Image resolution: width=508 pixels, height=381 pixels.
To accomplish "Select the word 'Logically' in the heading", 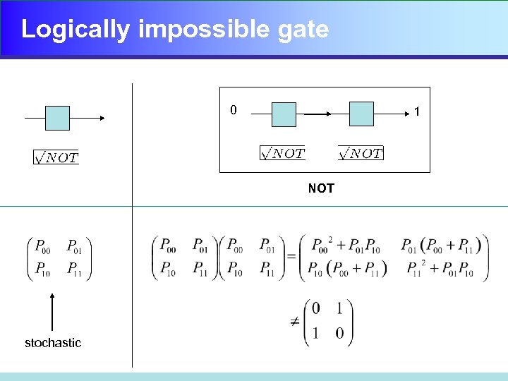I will pyautogui.click(x=75, y=30).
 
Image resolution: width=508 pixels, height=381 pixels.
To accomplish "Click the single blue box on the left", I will pyautogui.click(x=57, y=118).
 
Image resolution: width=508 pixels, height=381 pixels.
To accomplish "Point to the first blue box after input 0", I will pyautogui.click(x=284, y=114).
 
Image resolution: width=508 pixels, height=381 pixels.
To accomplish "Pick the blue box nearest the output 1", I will pyautogui.click(x=361, y=114).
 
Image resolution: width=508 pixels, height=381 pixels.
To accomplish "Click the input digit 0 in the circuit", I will pyautogui.click(x=234, y=109).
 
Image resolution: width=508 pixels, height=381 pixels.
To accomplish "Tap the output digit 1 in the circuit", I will pyautogui.click(x=418, y=111).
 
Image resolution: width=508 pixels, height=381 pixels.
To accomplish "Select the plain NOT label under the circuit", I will pyautogui.click(x=321, y=188).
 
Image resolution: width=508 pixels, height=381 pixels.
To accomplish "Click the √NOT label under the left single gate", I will pyautogui.click(x=56, y=157).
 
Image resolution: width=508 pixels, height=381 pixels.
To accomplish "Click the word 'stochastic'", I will pyautogui.click(x=53, y=343).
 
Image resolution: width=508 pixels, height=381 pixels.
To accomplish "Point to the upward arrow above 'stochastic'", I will pyautogui.click(x=53, y=311).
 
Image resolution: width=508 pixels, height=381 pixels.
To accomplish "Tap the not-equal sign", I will pyautogui.click(x=294, y=322).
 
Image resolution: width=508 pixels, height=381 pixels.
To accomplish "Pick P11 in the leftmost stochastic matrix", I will pyautogui.click(x=74, y=269).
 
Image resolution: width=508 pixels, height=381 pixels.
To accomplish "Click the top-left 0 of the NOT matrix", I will pyautogui.click(x=315, y=308).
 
